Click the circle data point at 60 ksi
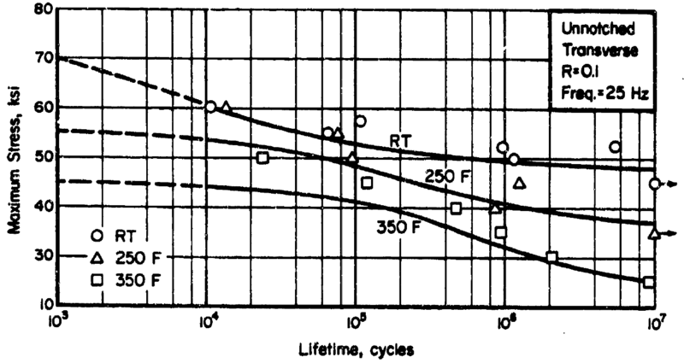pyautogui.click(x=210, y=107)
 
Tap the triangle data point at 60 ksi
pyautogui.click(x=227, y=107)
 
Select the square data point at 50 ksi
pyautogui.click(x=262, y=158)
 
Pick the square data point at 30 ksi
pyautogui.click(x=551, y=257)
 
